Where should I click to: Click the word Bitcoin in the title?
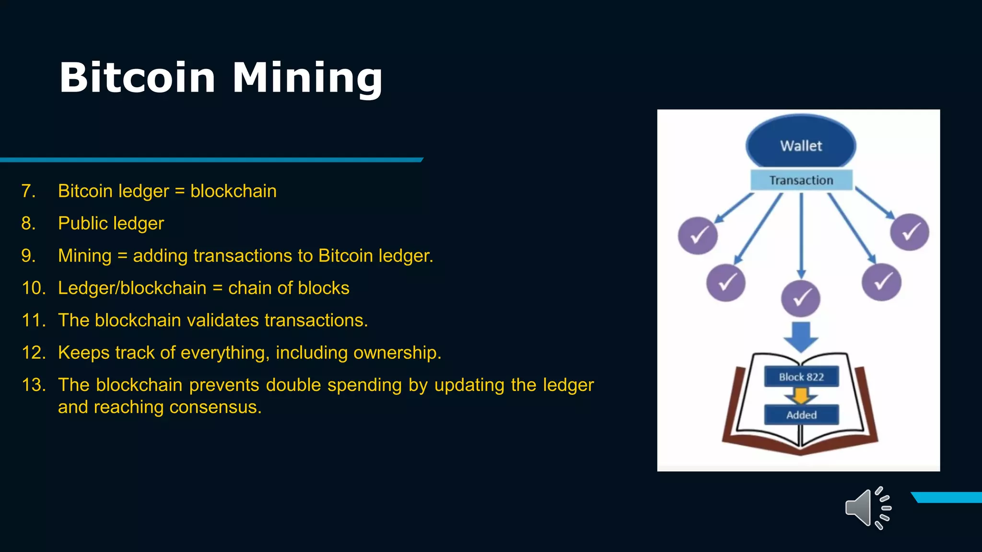137,78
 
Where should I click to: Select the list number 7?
28,191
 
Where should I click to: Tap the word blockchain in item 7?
233,191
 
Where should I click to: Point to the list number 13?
34,385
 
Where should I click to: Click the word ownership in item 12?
397,353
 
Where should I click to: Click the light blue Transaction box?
801,180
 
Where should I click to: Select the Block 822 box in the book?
801,377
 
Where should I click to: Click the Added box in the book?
801,415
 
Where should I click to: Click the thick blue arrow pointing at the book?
801,337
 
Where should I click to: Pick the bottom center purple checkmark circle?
800,299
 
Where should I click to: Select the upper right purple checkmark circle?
909,232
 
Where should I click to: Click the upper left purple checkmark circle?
698,235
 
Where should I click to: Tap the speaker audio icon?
867,508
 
